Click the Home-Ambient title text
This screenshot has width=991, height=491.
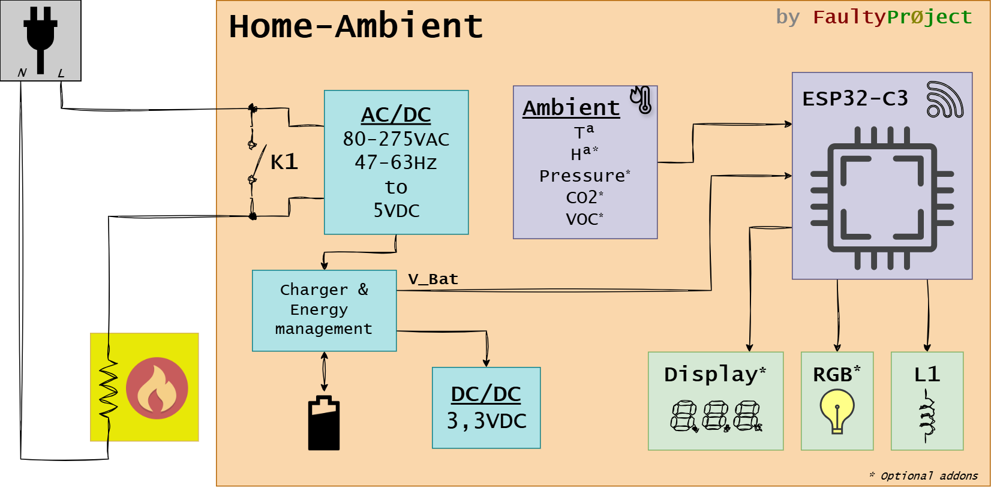pos(356,27)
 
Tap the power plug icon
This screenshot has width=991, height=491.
pos(40,37)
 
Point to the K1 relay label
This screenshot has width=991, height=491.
pos(284,162)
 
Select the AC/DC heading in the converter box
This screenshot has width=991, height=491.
pos(396,115)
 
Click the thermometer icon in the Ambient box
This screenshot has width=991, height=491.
pos(641,100)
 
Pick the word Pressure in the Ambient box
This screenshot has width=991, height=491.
pos(582,176)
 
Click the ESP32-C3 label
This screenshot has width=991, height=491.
pos(855,98)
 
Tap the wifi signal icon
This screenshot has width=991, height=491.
pos(944,100)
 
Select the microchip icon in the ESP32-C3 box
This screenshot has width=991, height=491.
pos(882,198)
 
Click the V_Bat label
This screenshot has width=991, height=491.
pos(433,279)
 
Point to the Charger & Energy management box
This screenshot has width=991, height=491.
pos(324,310)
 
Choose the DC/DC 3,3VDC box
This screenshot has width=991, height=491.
pos(486,408)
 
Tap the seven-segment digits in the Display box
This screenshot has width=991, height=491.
pos(716,416)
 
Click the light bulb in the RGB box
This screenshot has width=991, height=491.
pos(837,410)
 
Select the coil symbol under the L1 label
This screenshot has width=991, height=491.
pos(927,415)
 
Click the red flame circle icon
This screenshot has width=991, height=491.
pos(157,388)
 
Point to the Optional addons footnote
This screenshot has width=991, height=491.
pos(924,476)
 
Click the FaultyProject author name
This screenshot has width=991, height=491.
pos(892,17)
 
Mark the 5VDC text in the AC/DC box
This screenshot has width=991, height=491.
pos(396,210)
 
